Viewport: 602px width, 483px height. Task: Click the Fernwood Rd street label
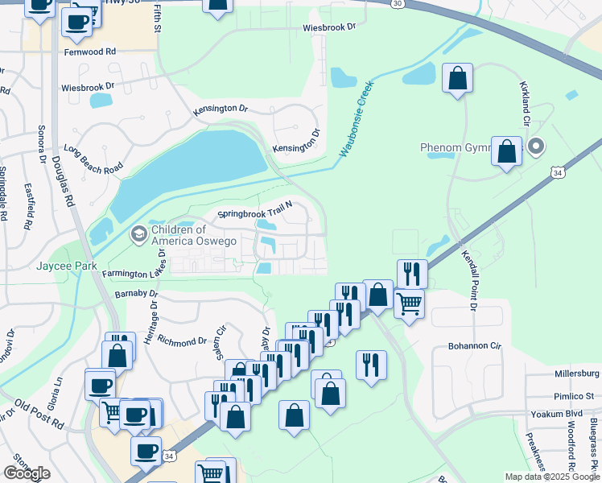coord(94,51)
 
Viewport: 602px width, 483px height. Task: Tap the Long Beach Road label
coord(94,159)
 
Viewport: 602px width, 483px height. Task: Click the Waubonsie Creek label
coord(357,118)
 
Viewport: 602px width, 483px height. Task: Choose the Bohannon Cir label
coord(475,346)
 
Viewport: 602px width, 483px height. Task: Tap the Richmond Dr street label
coord(182,341)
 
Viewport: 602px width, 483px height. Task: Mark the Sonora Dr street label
coord(40,143)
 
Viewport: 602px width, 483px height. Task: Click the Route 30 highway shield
coord(398,4)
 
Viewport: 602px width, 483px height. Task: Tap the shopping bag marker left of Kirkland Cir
coord(457,80)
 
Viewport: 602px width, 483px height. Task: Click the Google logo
coord(27,473)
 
